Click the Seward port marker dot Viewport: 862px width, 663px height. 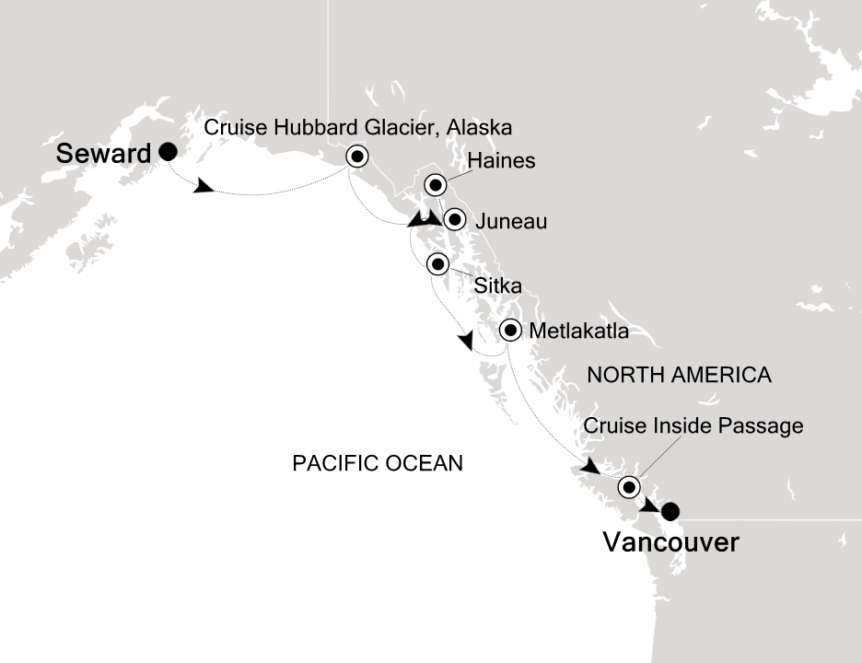169,151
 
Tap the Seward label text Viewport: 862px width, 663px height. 103,154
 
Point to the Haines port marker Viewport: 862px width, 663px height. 436,185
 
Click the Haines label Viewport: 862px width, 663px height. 501,162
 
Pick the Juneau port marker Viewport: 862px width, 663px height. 454,220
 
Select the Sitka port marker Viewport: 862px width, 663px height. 437,265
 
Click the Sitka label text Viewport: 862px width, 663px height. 498,286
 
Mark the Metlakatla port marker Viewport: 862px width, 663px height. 510,330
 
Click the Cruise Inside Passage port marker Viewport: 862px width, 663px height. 629,486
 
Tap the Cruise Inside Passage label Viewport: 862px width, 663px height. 693,426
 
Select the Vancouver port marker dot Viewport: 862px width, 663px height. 670,510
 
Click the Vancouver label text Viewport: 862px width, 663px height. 670,543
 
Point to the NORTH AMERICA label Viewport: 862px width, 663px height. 679,375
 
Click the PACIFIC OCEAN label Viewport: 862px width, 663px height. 378,463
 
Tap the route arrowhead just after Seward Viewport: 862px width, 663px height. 204,188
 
